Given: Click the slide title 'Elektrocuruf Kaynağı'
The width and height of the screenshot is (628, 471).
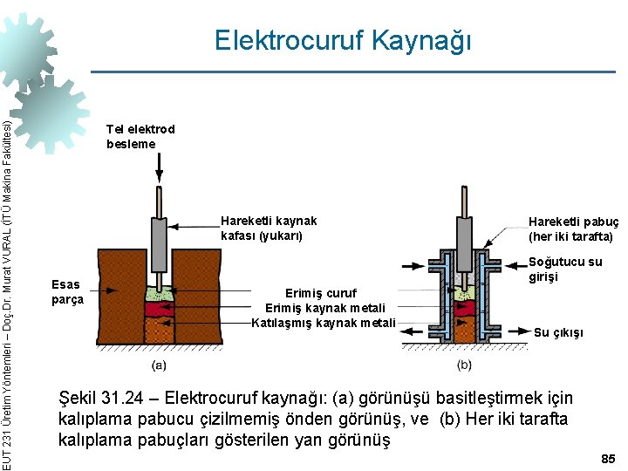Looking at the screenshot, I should [x=343, y=41].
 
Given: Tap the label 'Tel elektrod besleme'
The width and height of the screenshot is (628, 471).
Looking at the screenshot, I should [x=140, y=136].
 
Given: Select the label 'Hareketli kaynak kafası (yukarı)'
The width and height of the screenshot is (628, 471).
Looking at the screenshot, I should [x=269, y=228].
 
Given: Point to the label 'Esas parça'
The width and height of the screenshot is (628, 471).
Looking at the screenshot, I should [x=67, y=291].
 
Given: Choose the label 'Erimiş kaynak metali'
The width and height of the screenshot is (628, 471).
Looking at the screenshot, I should [x=322, y=308].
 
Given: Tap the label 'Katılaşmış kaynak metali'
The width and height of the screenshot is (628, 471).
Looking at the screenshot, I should [x=323, y=324].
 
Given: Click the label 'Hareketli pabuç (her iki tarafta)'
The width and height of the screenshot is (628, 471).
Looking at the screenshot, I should [x=573, y=229].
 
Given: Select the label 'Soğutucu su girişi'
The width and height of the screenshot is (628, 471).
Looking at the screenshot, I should [x=565, y=269].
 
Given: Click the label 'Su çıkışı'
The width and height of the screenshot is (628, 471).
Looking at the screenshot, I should [x=558, y=332].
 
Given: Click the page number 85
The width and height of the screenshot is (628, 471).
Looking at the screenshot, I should [x=608, y=458].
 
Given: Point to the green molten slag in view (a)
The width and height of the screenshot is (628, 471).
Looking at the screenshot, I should [x=160, y=294].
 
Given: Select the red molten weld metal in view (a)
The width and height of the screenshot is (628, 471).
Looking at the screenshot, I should [x=160, y=309].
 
